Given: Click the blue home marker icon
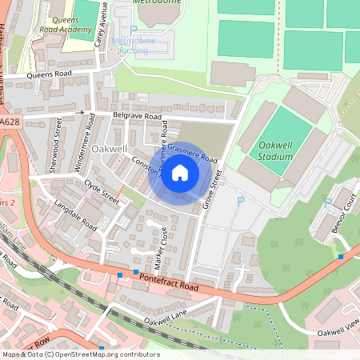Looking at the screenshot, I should click(180, 172).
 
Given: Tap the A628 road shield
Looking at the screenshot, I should click(10, 122).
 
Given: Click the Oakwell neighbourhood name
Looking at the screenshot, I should click(110, 150).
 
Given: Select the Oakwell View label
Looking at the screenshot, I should click(340, 330).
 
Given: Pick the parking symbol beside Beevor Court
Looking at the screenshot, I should click(326, 202).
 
